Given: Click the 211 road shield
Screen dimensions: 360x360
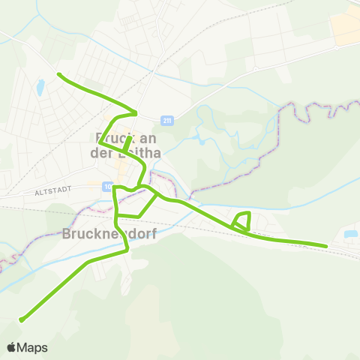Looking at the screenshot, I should click(x=166, y=120).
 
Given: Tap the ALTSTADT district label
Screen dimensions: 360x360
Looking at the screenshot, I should click(x=52, y=191).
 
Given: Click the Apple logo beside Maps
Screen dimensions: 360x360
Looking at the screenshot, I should click(x=11, y=347).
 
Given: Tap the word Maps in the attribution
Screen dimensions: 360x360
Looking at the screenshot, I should click(x=32, y=347).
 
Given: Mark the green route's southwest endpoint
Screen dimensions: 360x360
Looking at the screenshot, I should click(x=21, y=320).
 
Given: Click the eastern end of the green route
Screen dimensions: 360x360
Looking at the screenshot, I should click(x=327, y=245).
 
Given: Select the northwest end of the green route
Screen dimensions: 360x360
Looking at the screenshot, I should click(x=58, y=73).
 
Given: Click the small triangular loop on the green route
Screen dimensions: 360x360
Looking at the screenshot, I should click(x=241, y=220).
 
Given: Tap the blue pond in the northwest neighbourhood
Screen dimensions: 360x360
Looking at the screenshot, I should click(x=40, y=88).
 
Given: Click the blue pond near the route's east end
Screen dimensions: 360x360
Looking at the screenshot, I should click(x=350, y=234).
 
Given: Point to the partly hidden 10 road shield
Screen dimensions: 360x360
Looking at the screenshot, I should click(x=109, y=186).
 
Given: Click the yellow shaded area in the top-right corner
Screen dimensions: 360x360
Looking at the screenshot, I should click(x=346, y=27).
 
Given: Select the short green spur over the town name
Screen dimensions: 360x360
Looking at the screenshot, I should click(x=127, y=143).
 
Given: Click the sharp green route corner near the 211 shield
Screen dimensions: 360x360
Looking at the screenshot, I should click(x=136, y=113).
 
